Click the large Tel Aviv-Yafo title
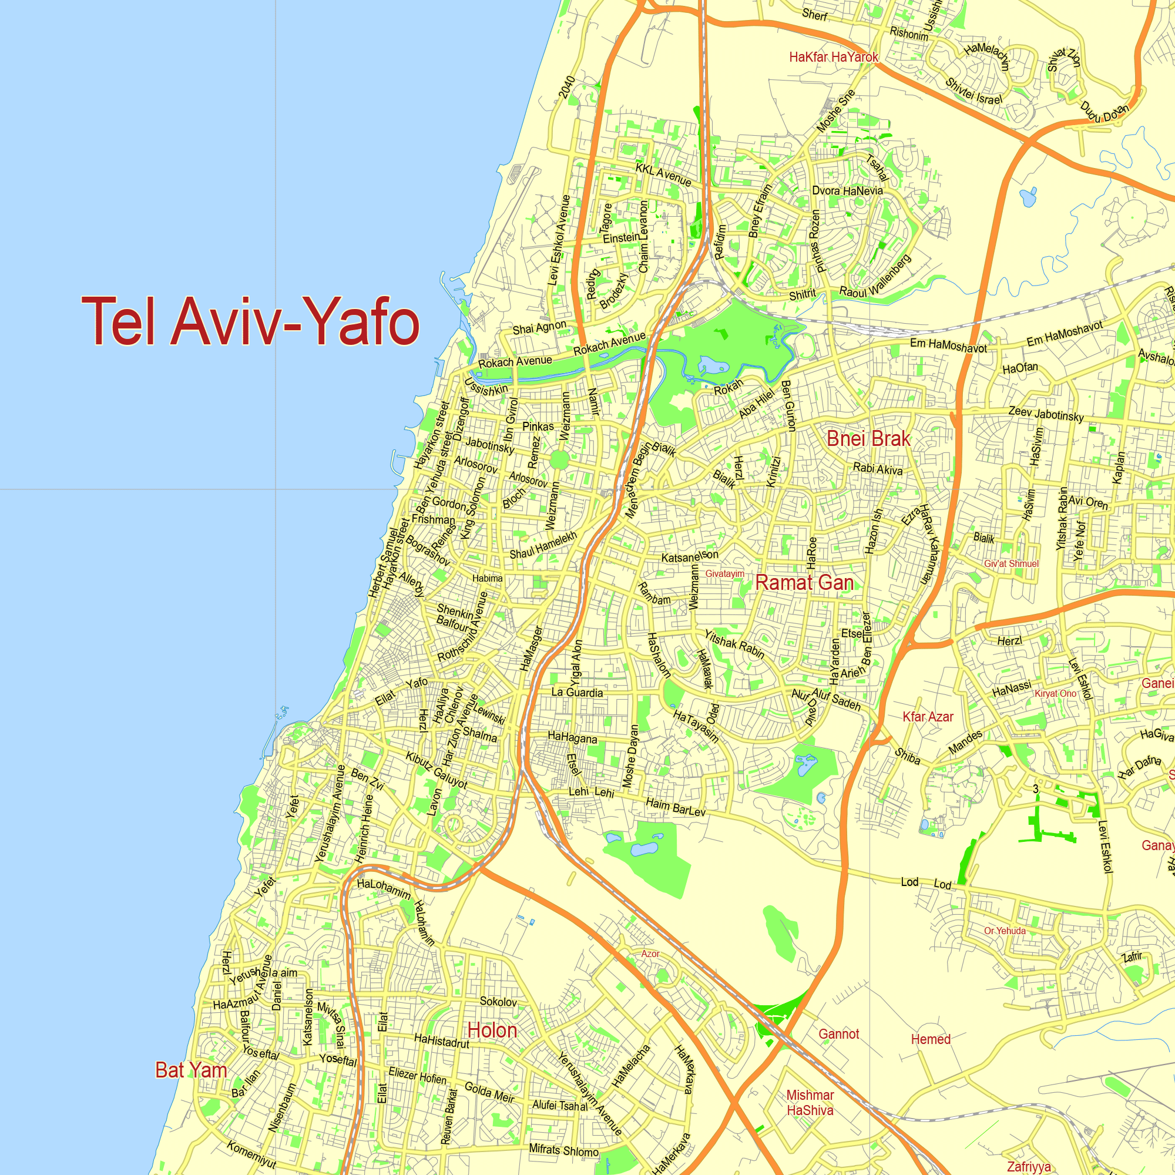tap(251, 321)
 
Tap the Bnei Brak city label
tap(868, 438)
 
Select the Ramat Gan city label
tap(804, 583)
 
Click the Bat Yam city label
tap(191, 1070)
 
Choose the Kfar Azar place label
tap(928, 716)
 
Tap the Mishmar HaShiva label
tap(810, 1103)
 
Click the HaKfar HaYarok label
tap(833, 57)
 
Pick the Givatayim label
tap(724, 573)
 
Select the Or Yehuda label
tap(1005, 931)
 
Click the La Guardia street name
tap(577, 692)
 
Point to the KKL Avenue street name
tap(663, 174)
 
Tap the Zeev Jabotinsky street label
tap(1046, 414)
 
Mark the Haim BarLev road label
tap(675, 807)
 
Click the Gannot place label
tap(839, 1034)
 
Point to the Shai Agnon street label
tap(539, 328)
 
